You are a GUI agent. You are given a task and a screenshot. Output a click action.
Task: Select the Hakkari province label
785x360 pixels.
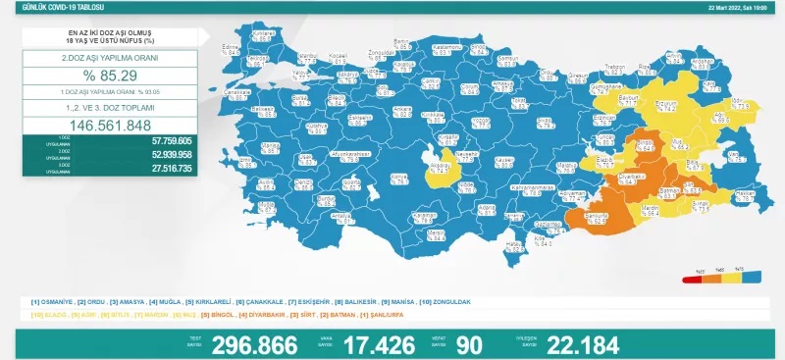tap(745, 194)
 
